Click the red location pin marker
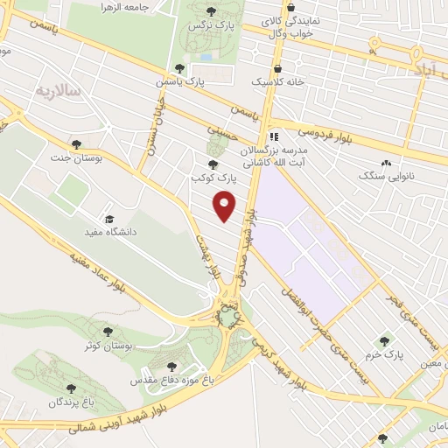click(x=225, y=206)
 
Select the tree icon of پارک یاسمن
click(x=179, y=67)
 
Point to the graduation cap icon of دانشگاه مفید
click(x=109, y=219)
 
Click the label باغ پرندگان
click(x=70, y=402)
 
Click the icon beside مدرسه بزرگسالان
click(x=273, y=136)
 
